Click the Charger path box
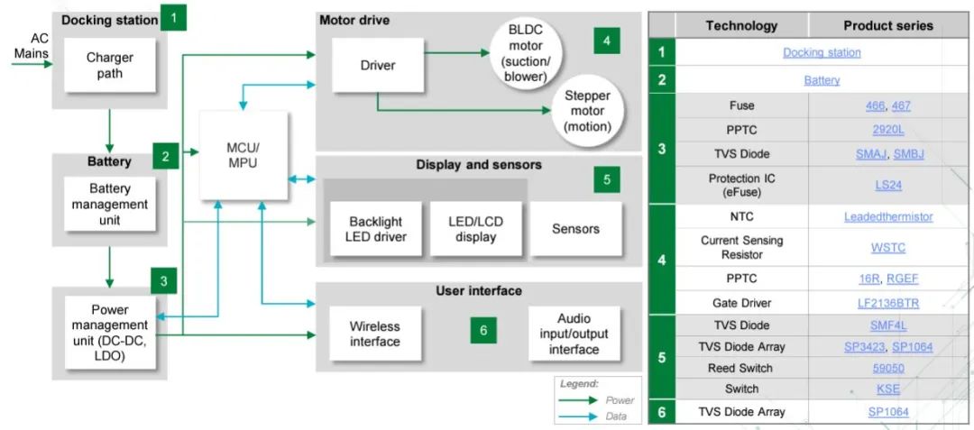tap(110, 64)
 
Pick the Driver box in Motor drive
tap(377, 65)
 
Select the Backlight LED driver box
tap(375, 229)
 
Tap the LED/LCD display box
tap(475, 229)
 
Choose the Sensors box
tap(575, 229)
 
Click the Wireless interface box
tap(375, 334)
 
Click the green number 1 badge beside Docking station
tap(172, 16)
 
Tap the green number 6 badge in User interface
tap(483, 331)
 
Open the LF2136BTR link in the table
tap(887, 303)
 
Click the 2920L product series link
tap(887, 130)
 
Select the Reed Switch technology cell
tap(740, 368)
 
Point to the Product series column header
tap(887, 25)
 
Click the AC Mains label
tap(32, 46)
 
